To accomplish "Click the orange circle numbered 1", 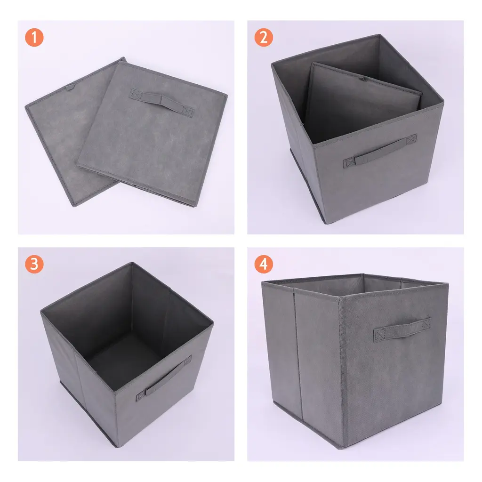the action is coord(34,38).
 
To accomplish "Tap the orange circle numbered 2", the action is coord(264,38).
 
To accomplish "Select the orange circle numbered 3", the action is coord(34,264).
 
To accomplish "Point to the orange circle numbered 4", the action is coord(264,264).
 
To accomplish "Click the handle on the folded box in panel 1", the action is coord(161,103).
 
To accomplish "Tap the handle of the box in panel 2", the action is coord(380,151).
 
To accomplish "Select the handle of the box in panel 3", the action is coord(164,378).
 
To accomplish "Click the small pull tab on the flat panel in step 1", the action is coord(70,88).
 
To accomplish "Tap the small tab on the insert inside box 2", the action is coord(362,79).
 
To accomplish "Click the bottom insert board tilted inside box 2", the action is coord(363,102).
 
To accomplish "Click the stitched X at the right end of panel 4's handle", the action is coord(426,324).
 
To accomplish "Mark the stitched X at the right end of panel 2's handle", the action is coord(411,139).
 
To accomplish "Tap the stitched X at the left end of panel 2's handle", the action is coord(349,162).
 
